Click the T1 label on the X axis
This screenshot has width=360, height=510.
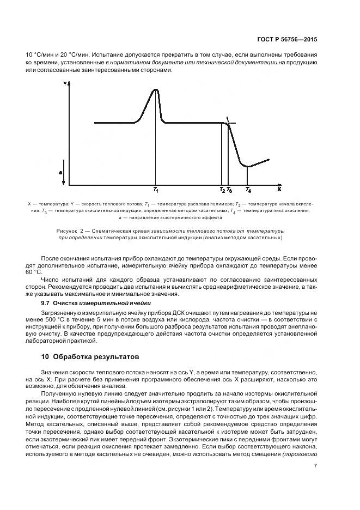(156, 190)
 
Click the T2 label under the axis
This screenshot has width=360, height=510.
(222, 190)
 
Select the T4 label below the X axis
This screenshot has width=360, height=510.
(248, 190)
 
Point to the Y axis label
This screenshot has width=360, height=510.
(65, 84)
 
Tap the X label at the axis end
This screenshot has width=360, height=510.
(278, 190)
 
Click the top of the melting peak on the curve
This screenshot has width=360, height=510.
(156, 90)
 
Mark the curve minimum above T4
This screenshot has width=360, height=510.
(248, 166)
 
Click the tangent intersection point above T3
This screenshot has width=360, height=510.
(228, 123)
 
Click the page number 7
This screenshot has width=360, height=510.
(315, 465)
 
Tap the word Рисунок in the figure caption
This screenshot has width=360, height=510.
(68, 231)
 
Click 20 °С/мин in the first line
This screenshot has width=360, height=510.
(69, 55)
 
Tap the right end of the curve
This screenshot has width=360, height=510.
(270, 159)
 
